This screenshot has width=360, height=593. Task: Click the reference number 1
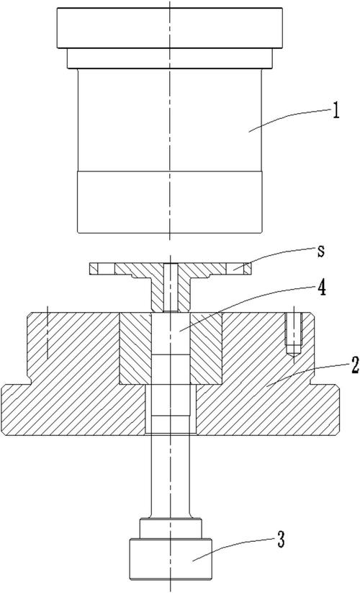[336, 112]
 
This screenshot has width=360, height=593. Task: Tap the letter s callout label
[320, 251]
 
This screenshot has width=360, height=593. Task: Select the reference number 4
[321, 288]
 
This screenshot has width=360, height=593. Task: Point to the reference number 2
[355, 365]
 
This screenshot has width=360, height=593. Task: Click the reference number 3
[281, 539]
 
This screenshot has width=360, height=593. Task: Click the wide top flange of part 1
[170, 28]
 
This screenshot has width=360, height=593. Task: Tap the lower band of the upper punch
[170, 202]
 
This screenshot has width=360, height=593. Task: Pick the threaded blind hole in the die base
[293, 333]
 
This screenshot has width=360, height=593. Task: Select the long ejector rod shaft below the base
[170, 476]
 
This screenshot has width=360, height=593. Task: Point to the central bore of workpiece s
[171, 287]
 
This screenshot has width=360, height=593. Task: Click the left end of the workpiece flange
[89, 269]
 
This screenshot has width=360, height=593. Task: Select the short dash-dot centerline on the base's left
[48, 332]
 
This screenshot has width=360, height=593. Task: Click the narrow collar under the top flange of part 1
[170, 58]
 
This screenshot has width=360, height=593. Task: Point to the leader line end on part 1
[248, 132]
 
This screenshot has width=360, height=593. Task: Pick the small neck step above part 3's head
[171, 529]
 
